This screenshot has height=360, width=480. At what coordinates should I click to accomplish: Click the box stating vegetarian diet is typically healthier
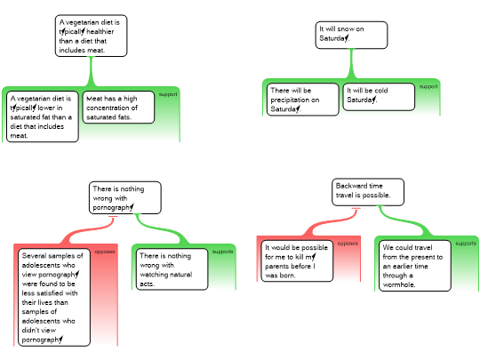pyautogui.click(x=91, y=36)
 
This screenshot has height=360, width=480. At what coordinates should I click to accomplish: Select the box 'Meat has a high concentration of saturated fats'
pyautogui.click(x=118, y=108)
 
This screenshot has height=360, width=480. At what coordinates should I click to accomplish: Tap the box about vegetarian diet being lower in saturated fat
pyautogui.click(x=43, y=116)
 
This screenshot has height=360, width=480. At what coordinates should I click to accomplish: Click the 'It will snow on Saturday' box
pyautogui.click(x=351, y=35)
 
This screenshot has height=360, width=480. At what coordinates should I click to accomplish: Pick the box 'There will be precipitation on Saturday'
pyautogui.click(x=303, y=100)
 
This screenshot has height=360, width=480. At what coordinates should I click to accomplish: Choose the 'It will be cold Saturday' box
pyautogui.click(x=379, y=97)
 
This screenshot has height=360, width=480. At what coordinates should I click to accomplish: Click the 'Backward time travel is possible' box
pyautogui.click(x=368, y=192)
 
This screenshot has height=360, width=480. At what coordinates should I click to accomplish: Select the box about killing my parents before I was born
pyautogui.click(x=297, y=260)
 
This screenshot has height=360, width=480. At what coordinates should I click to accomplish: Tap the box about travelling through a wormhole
pyautogui.click(x=415, y=266)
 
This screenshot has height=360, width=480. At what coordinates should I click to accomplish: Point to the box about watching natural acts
pyautogui.click(x=172, y=269)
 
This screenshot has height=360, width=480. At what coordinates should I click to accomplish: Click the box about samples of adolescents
pyautogui.click(x=54, y=297)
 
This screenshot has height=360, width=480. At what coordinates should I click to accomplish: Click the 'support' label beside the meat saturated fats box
pyautogui.click(x=168, y=94)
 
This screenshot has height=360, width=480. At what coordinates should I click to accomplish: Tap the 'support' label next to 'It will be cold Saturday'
pyautogui.click(x=428, y=86)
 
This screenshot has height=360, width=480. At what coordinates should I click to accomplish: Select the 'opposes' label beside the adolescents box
pyautogui.click(x=105, y=252)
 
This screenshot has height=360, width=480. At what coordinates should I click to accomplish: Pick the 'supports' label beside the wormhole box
pyautogui.click(x=466, y=244)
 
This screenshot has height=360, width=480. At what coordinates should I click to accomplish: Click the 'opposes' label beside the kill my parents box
pyautogui.click(x=348, y=244)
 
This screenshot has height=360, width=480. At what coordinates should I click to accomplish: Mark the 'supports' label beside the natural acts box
pyautogui.click(x=222, y=252)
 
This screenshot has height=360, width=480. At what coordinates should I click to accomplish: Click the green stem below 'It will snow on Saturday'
pyautogui.click(x=351, y=64)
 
